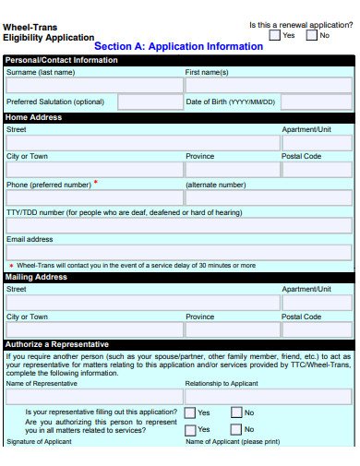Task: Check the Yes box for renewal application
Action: [275, 35]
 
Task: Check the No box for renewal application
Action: [311, 35]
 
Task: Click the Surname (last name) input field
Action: [93, 84]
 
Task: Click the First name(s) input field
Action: [268, 84]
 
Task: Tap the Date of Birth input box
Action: [316, 102]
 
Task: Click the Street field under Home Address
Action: [141, 143]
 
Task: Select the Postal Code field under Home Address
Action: [316, 170]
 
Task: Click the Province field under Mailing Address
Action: [231, 329]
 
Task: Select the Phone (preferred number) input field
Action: [93, 197]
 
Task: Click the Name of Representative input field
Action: [93, 396]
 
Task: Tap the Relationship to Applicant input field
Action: [268, 396]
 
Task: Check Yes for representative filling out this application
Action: [190, 412]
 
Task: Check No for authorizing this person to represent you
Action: [236, 429]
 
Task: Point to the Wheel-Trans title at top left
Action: [28, 28]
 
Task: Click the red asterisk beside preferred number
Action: [95, 183]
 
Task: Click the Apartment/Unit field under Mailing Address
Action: [316, 303]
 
